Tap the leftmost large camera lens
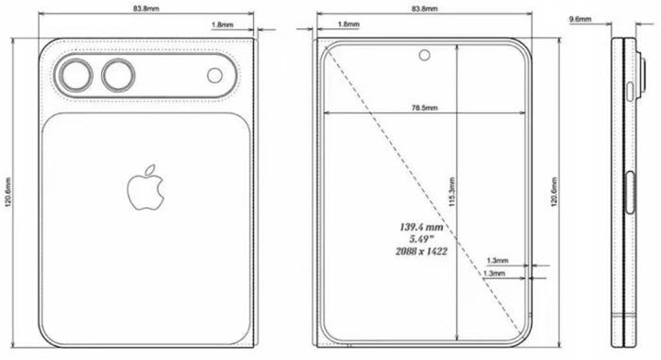tap(74, 75)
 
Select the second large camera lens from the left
tap(119, 75)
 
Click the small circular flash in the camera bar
tap(213, 75)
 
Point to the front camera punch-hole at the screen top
tap(426, 53)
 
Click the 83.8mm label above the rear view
tap(147, 9)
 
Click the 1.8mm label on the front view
tap(347, 26)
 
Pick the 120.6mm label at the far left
tap(8, 195)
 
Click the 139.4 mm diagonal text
tap(421, 228)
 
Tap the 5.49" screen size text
tap(421, 240)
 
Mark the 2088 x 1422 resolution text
tap(421, 252)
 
